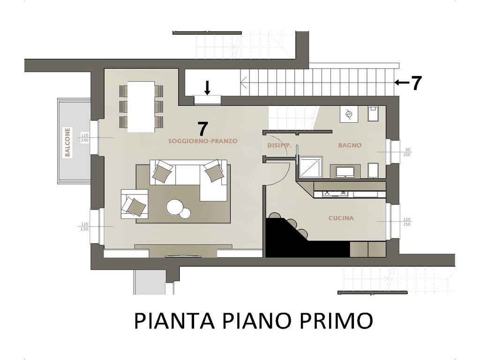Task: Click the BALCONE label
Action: (x=67, y=142)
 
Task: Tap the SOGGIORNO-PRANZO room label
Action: (x=202, y=141)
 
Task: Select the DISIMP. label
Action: (x=279, y=145)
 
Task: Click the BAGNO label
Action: (x=350, y=145)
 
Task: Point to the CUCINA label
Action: (x=341, y=218)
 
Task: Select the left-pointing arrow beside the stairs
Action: (x=401, y=82)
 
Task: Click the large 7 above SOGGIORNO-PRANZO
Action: (x=202, y=129)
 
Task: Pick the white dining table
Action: (x=141, y=106)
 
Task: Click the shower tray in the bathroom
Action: (x=310, y=167)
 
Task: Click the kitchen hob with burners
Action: (x=336, y=194)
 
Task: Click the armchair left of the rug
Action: (x=135, y=204)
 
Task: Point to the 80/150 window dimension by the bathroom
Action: (x=408, y=152)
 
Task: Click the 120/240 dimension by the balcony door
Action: (x=84, y=138)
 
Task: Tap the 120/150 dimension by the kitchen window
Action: (x=407, y=222)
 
